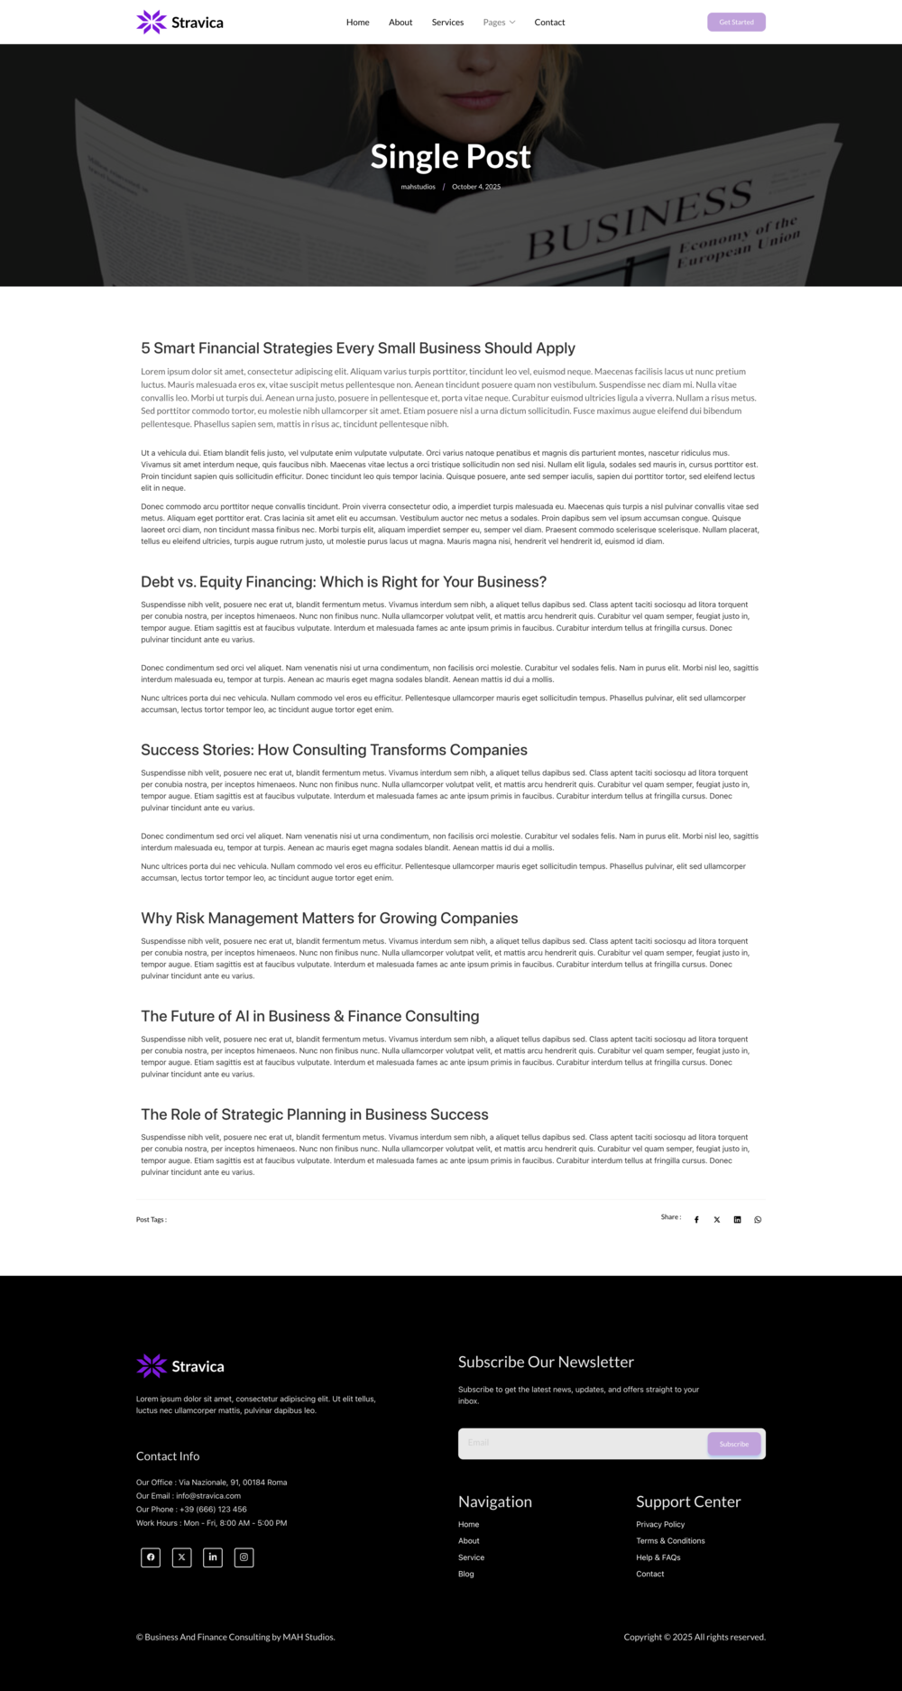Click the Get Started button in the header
[736, 22]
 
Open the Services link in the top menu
[447, 23]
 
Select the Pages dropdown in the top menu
[499, 23]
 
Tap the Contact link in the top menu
[549, 23]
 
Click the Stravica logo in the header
[179, 23]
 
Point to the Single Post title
[450, 157]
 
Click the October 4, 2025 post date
[476, 187]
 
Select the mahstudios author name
[418, 187]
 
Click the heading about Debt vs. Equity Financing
[344, 582]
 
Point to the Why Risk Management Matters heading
[329, 918]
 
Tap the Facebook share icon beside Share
[696, 1220]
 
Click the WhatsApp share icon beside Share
[758, 1220]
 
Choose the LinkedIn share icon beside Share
[737, 1220]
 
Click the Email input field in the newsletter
[582, 1443]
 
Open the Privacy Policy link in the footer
[660, 1524]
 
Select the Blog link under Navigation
[465, 1574]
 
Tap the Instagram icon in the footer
[244, 1557]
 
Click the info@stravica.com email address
[208, 1495]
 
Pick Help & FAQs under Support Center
[658, 1557]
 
